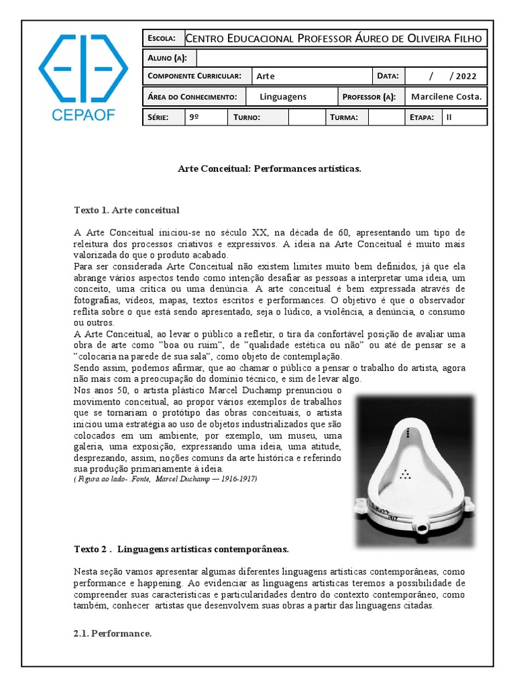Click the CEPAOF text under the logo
(83, 115)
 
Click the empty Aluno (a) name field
(341, 58)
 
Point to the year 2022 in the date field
(466, 76)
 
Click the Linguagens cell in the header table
(283, 97)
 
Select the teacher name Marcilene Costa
(446, 97)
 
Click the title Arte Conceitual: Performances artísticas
(270, 169)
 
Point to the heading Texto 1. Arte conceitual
(127, 210)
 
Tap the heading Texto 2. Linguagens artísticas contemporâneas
(181, 549)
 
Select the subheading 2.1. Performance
(112, 633)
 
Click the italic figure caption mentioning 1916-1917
(165, 479)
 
